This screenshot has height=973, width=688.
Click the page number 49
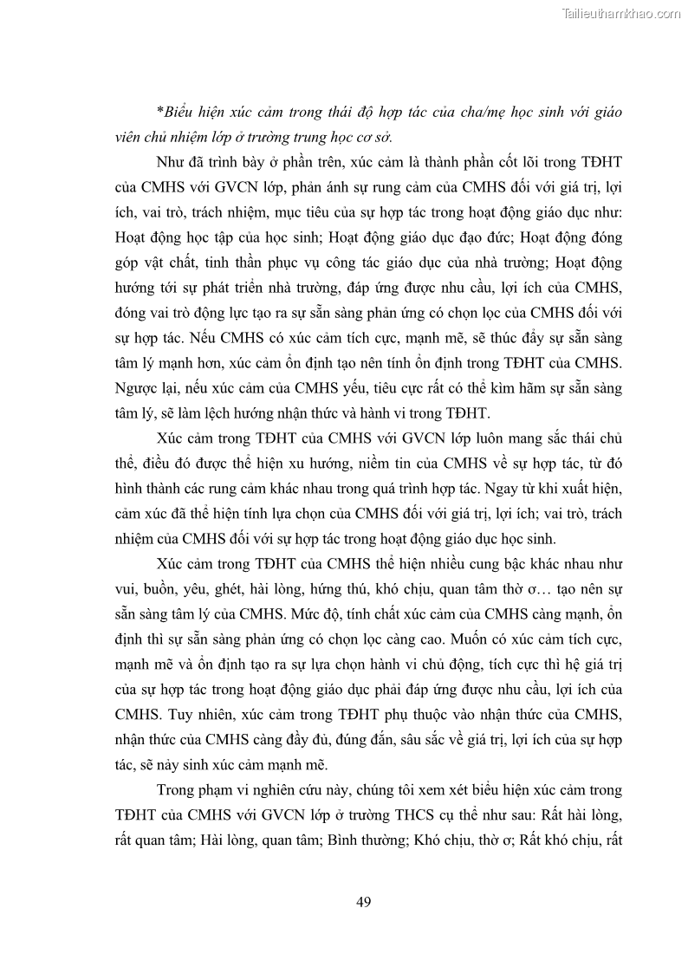pyautogui.click(x=364, y=902)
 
